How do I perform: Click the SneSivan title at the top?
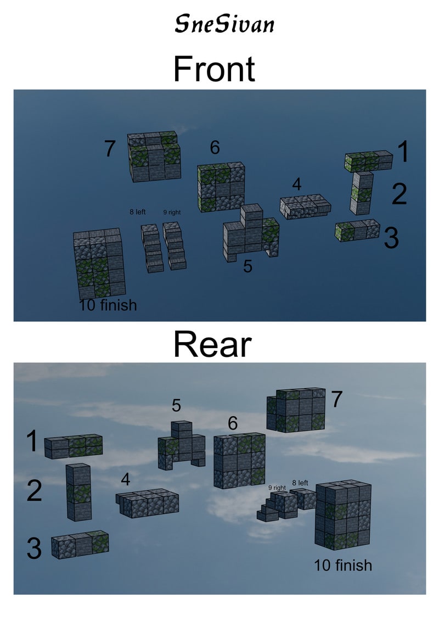[224, 24]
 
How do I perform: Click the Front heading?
[214, 69]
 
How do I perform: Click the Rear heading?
[212, 345]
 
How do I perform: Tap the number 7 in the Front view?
[110, 148]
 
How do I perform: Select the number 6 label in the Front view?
[215, 147]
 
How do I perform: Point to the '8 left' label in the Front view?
[137, 212]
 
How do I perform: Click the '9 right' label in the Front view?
[172, 212]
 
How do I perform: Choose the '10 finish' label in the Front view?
[108, 305]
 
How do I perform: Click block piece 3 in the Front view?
[357, 230]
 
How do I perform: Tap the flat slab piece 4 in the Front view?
[305, 206]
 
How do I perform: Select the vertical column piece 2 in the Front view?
[362, 193]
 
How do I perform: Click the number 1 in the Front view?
[403, 152]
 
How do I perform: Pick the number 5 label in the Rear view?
[176, 406]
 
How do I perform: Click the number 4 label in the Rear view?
[126, 479]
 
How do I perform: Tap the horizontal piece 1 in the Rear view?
[73, 446]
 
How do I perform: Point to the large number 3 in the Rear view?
[34, 548]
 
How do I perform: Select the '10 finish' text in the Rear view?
[343, 565]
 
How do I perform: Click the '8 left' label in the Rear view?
[300, 483]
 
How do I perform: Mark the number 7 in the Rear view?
[337, 399]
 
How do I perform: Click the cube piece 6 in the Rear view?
[239, 461]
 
